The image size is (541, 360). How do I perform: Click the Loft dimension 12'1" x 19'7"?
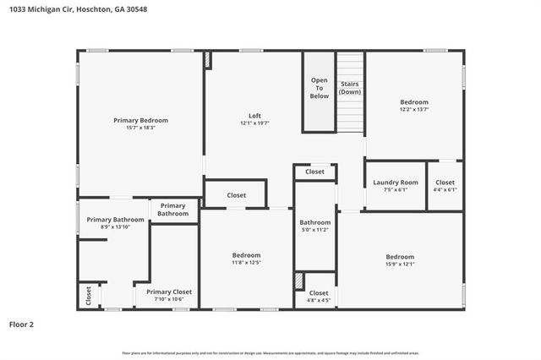[254, 123]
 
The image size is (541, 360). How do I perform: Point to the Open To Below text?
[319, 88]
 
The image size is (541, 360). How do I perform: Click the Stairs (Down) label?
[350, 88]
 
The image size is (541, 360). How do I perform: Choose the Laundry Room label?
[396, 183]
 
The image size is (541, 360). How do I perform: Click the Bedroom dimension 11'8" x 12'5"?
[246, 262]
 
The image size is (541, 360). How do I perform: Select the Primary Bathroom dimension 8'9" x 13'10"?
[115, 226]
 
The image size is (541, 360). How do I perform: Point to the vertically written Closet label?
[88, 296]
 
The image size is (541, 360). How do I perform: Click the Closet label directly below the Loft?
[237, 195]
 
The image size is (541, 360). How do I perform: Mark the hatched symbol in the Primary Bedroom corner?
[206, 60]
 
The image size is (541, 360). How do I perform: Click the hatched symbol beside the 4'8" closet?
[298, 281]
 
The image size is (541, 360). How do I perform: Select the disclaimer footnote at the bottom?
[270, 352]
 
